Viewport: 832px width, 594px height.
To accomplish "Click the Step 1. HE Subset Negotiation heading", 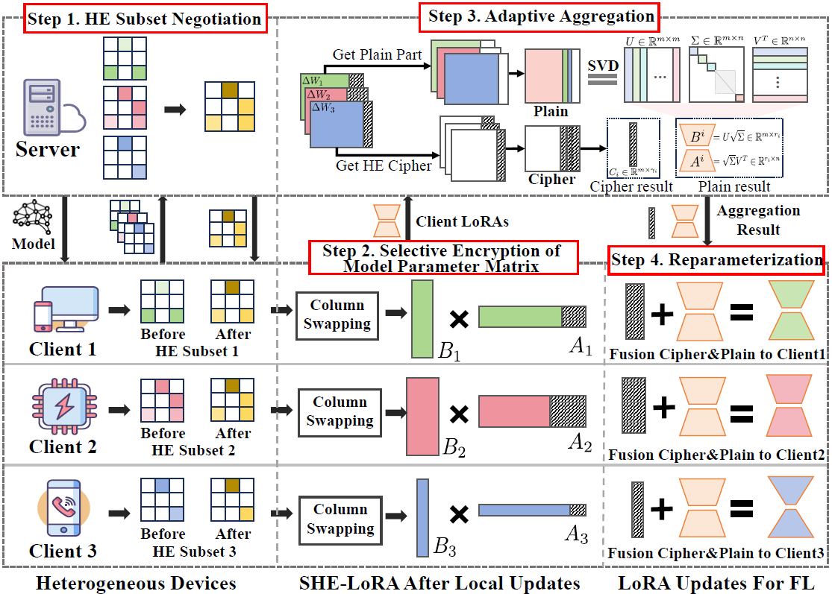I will point(144,19).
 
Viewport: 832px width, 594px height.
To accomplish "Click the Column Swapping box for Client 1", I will point(337,315).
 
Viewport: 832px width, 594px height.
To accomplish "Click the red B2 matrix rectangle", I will point(422,416).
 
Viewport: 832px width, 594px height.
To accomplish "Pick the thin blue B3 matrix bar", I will point(423,518).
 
